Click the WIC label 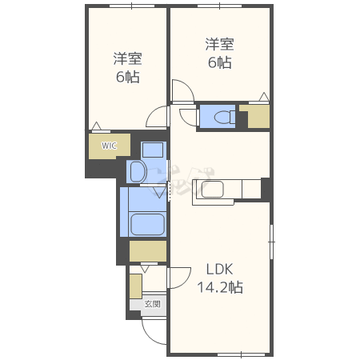(109, 146)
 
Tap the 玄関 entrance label (153, 304)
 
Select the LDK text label (220, 270)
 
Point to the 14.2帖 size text (220, 287)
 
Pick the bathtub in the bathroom (147, 224)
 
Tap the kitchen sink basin (212, 189)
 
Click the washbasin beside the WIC (138, 172)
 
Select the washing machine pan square (153, 150)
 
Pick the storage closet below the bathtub (148, 251)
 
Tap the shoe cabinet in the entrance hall (136, 286)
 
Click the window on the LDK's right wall (271, 242)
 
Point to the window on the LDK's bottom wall (242, 354)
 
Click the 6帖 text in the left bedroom (128, 77)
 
